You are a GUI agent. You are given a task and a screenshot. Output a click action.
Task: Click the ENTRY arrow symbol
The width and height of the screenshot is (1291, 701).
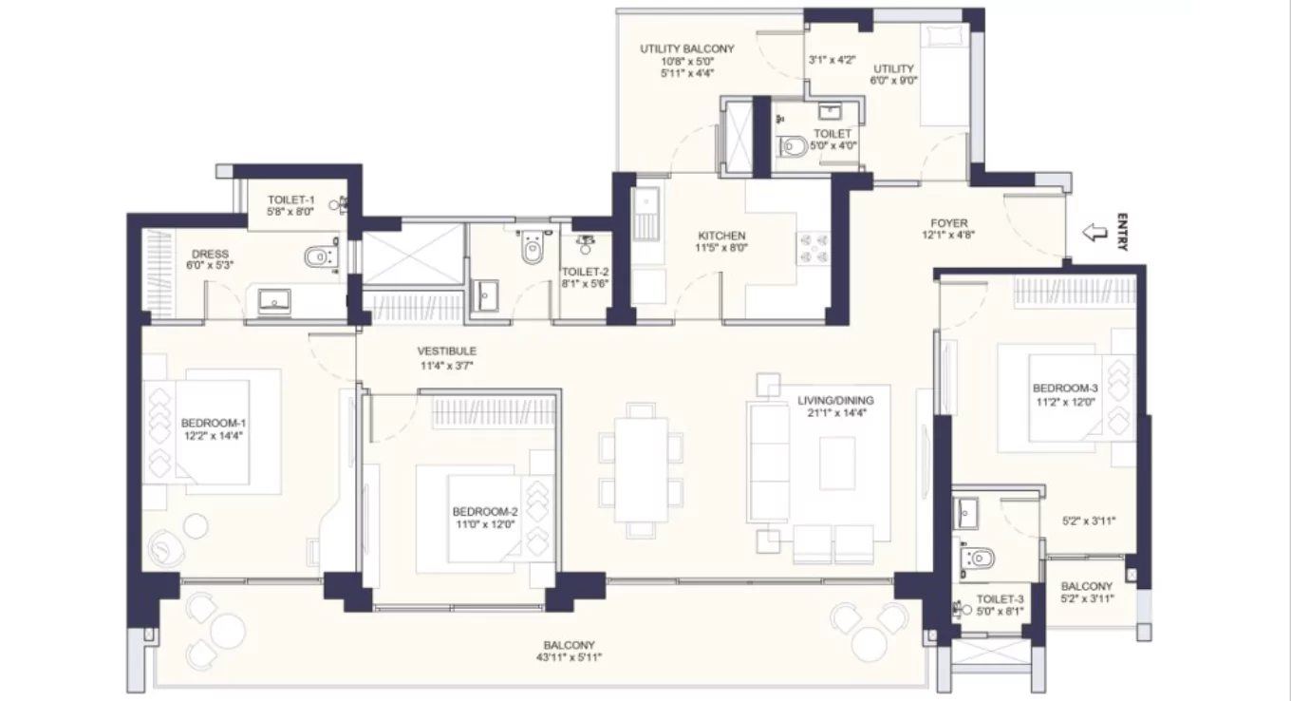click(x=1095, y=232)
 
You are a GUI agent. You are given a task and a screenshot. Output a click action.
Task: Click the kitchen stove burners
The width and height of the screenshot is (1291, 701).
click(x=813, y=249)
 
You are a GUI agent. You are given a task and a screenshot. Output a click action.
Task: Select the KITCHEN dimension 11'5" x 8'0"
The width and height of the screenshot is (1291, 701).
click(x=721, y=250)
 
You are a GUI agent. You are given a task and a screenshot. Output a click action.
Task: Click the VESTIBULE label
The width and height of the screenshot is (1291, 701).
click(x=447, y=350)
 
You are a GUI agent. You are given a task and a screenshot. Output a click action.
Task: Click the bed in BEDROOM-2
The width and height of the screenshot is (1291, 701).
click(x=484, y=518)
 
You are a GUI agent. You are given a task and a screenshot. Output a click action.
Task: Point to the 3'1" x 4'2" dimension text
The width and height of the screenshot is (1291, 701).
click(x=832, y=59)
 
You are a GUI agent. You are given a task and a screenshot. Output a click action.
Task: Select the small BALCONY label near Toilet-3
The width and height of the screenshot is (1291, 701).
click(x=1087, y=586)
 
